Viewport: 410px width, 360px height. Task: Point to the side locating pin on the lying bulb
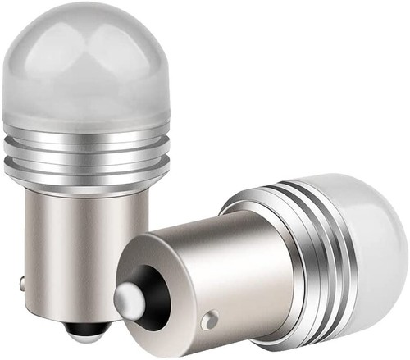coord(212,319)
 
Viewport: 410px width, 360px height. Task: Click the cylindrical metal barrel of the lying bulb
coord(205,271)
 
